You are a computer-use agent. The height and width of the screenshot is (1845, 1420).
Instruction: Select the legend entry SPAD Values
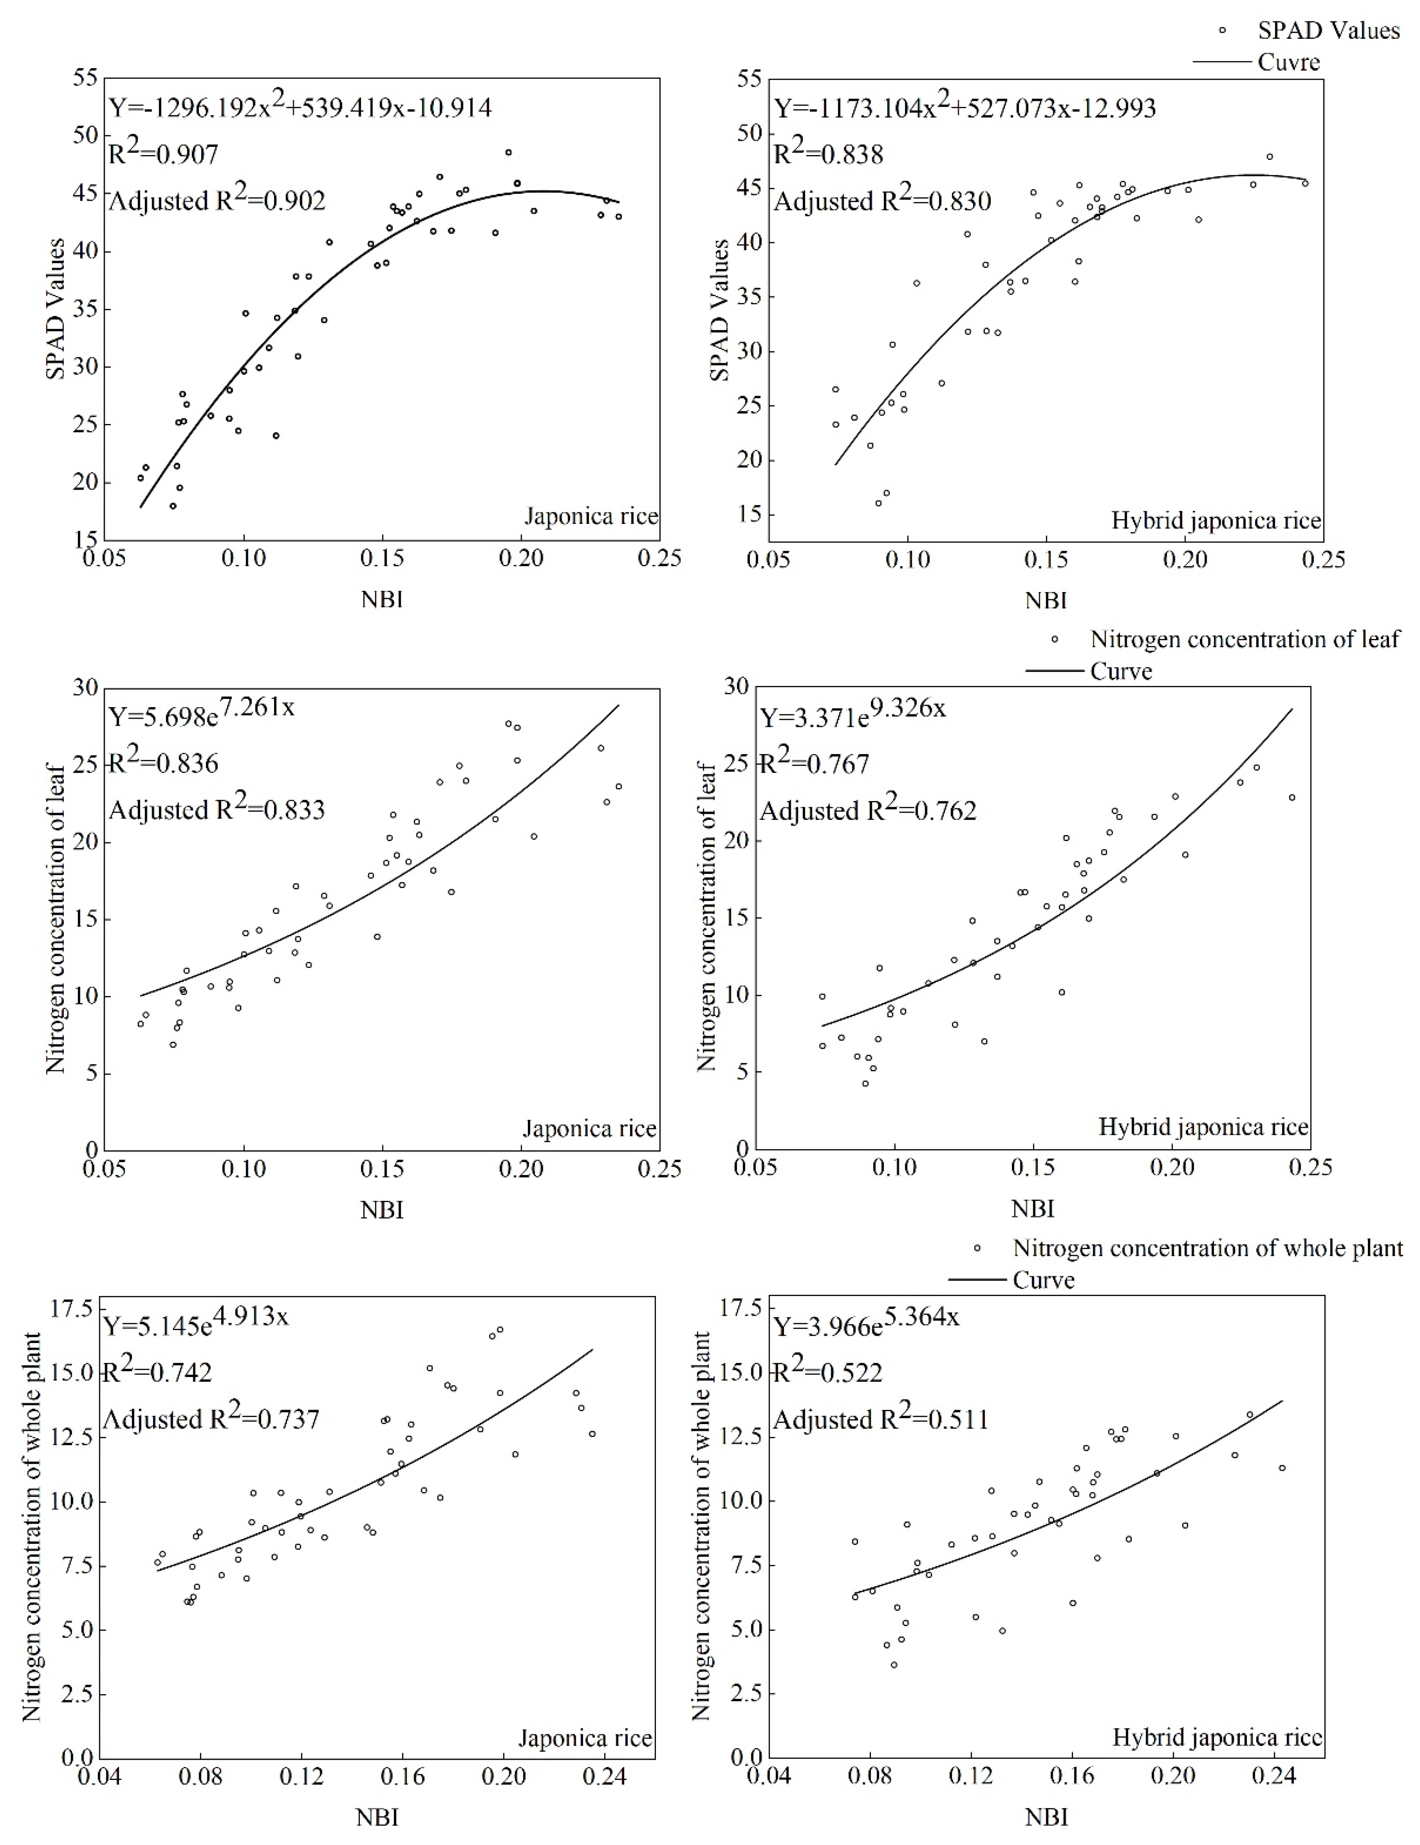click(1328, 31)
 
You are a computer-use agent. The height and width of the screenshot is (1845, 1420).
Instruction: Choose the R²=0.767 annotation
click(815, 764)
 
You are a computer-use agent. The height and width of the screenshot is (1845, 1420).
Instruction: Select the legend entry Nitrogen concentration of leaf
click(1244, 639)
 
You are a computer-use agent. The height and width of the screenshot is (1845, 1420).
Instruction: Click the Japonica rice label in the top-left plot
click(590, 516)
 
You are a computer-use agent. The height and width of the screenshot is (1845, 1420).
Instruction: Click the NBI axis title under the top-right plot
click(1046, 601)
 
